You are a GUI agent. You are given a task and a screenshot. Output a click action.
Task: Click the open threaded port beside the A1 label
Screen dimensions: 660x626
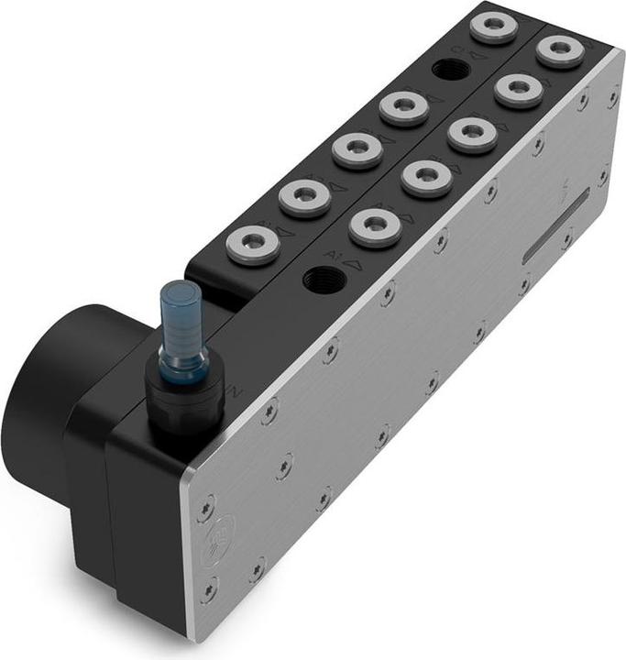tap(323, 278)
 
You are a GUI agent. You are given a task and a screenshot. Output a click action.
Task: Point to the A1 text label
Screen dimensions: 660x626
tap(332, 252)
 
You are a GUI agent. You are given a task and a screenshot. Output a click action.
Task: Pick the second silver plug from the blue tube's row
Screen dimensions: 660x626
tap(304, 195)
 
